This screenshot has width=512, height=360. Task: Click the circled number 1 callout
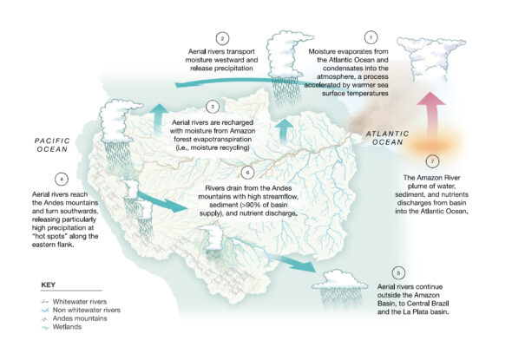371,37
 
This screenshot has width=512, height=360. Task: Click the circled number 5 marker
398,272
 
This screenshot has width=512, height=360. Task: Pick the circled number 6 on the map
248,172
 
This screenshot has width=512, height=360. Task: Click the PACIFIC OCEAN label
51,143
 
